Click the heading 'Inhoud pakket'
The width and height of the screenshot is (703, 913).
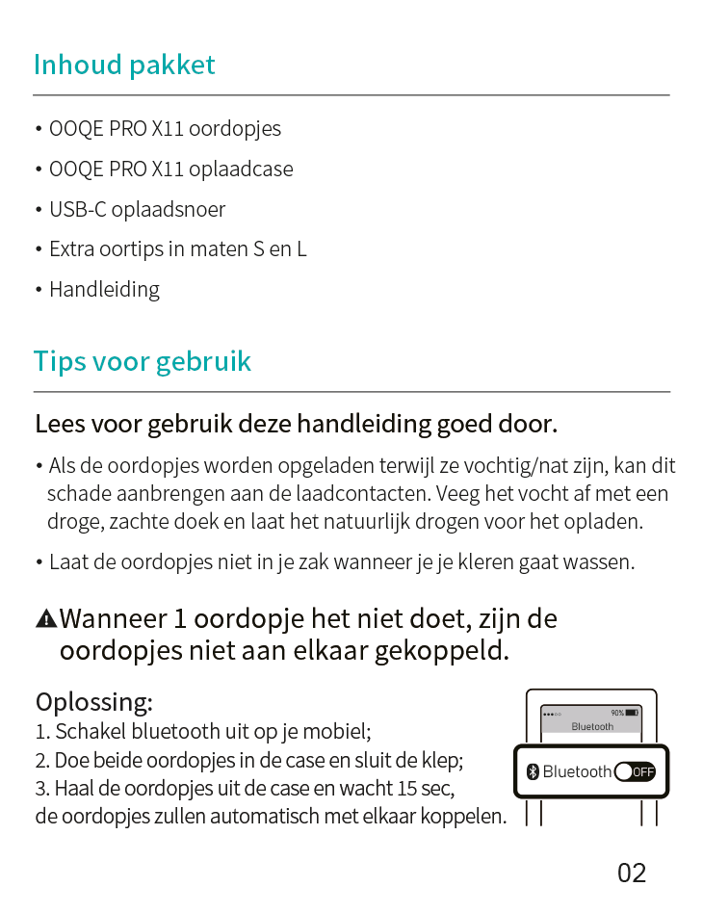(x=124, y=65)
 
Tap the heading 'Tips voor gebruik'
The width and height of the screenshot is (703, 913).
(x=143, y=362)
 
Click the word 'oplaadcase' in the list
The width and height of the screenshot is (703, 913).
(x=241, y=170)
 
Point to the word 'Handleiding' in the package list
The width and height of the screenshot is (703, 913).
(x=104, y=290)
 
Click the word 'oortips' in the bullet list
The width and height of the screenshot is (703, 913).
(x=132, y=249)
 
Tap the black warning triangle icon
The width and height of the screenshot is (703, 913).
(x=45, y=619)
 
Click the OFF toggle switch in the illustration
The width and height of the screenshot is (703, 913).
(x=635, y=771)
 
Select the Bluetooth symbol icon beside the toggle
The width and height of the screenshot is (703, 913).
(x=533, y=771)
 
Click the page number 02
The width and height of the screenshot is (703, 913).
(x=632, y=874)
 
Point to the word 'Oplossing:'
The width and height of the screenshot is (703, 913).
(x=93, y=701)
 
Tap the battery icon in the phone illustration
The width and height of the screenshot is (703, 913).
(x=632, y=713)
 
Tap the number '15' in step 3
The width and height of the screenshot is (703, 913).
(x=406, y=789)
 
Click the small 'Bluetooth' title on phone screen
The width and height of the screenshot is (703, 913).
(x=592, y=727)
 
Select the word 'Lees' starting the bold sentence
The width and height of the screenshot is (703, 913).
(x=60, y=425)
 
